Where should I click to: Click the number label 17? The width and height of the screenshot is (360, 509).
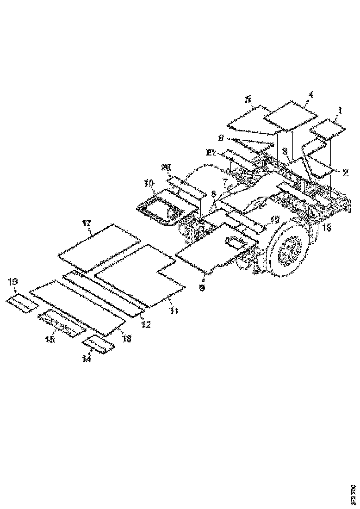click(86, 223)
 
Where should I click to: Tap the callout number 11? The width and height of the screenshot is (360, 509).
click(173, 311)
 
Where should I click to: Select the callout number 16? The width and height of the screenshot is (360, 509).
click(13, 282)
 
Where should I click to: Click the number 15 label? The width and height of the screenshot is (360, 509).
click(50, 339)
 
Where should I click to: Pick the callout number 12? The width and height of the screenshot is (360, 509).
click(146, 325)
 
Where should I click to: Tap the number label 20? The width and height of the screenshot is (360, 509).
click(165, 168)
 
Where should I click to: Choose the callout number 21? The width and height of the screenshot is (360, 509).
click(211, 152)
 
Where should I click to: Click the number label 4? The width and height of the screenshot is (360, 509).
click(310, 94)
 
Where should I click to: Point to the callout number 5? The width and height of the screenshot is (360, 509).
click(248, 99)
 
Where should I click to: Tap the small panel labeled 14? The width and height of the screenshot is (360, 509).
click(98, 345)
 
